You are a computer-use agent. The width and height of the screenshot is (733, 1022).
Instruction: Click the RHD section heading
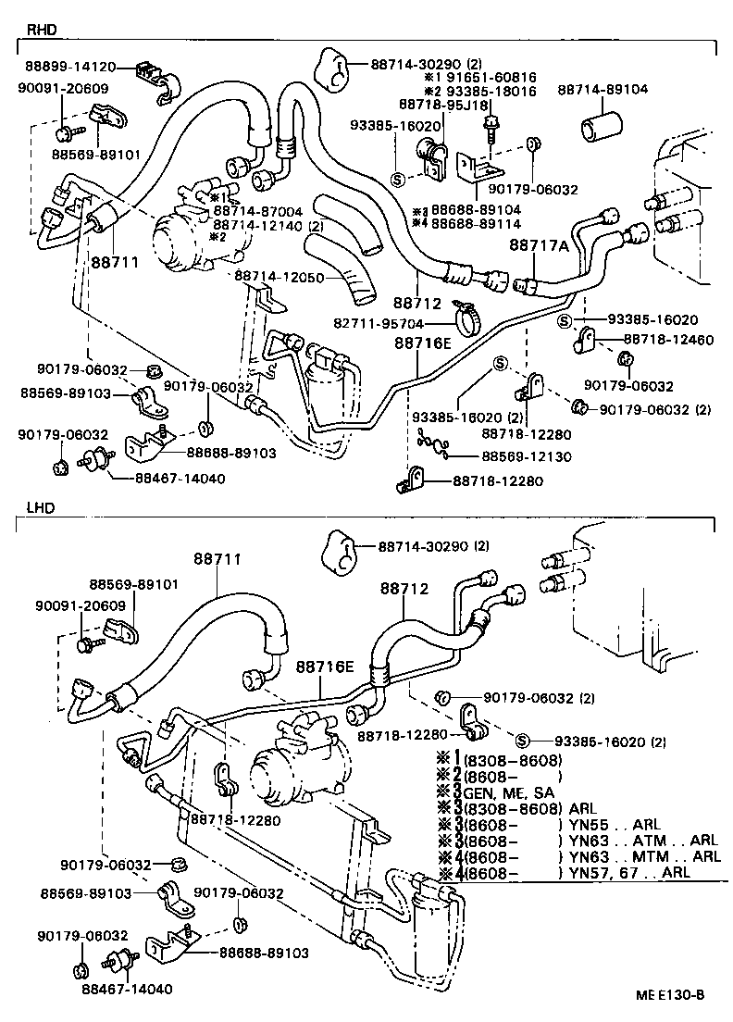point(42,30)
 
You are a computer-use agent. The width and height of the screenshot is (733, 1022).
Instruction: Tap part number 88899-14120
point(70,67)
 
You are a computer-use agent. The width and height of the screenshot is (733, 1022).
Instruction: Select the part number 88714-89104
point(603,90)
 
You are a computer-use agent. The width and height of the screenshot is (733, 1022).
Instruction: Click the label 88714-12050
point(279,276)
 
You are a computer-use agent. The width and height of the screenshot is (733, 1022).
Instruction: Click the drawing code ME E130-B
point(670,996)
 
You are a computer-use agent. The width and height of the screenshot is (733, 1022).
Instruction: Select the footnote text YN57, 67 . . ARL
point(629,872)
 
